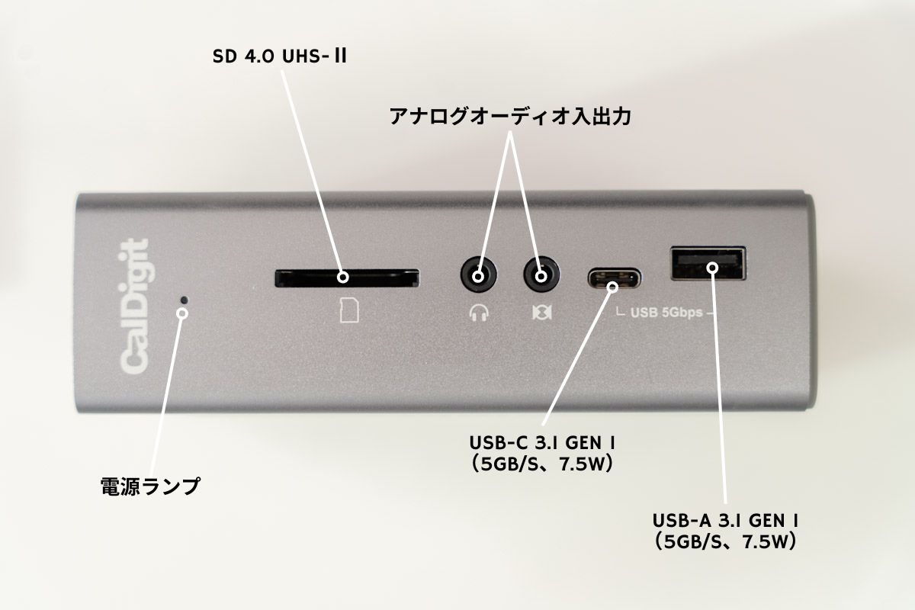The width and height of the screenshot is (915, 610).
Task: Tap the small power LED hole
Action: click(183, 299)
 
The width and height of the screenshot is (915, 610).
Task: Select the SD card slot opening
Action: click(346, 278)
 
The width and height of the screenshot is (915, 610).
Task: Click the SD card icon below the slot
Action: click(348, 310)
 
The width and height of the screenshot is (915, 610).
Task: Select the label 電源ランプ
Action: click(150, 486)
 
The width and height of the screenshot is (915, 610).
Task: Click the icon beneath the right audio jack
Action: click(540, 312)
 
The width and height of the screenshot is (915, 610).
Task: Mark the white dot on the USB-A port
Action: click(712, 267)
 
